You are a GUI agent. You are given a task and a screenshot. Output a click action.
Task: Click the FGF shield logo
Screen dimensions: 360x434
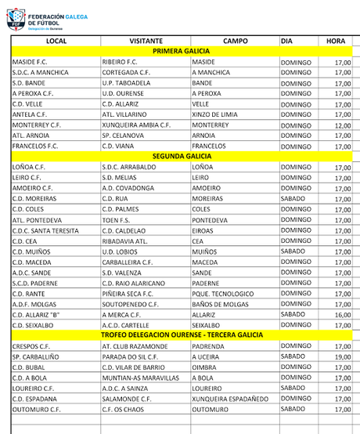[16, 19]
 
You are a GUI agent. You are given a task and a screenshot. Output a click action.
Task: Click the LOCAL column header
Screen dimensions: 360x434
[56, 41]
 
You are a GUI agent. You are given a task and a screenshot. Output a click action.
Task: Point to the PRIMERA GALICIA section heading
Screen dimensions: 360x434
[181, 51]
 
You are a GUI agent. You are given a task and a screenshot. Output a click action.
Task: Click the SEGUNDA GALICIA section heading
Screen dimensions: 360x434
[181, 157]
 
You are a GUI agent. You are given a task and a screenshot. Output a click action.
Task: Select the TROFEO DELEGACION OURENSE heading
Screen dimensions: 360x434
[181, 335]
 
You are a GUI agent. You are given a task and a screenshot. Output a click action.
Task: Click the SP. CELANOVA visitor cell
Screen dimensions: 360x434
[126, 136]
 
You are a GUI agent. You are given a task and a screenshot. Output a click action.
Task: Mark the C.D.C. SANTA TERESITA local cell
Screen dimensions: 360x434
[46, 230]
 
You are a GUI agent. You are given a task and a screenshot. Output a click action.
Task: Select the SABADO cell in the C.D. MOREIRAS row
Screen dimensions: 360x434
[295, 198]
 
